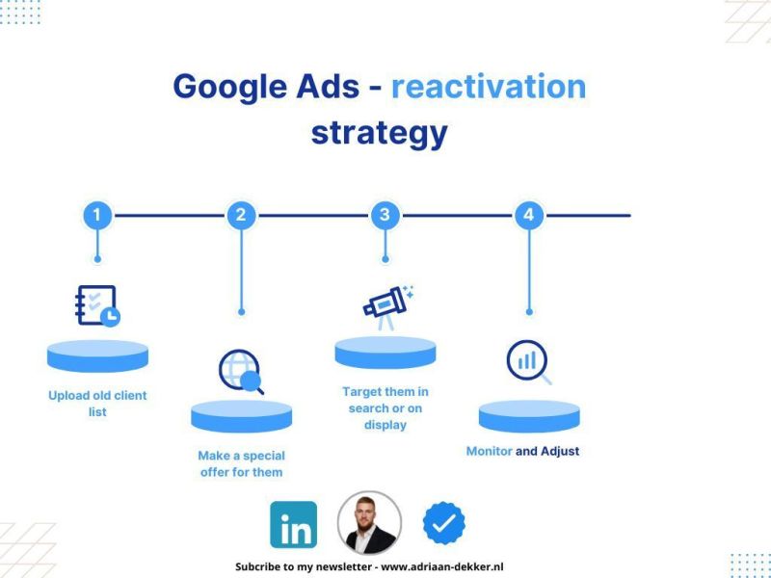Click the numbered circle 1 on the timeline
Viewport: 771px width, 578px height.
click(x=96, y=215)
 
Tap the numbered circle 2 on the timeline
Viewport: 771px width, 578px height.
click(x=241, y=215)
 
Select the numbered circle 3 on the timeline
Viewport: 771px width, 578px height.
click(x=385, y=215)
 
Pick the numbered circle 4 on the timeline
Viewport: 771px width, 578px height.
click(x=528, y=215)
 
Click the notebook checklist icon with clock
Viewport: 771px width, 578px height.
click(x=97, y=305)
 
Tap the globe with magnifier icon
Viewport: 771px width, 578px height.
click(x=241, y=372)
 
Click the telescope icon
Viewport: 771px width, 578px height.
click(x=387, y=305)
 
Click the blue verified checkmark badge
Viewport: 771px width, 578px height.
click(x=444, y=523)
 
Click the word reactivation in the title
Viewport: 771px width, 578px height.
click(x=489, y=87)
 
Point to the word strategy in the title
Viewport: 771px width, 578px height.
click(x=379, y=132)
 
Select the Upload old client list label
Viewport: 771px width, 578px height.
click(x=97, y=404)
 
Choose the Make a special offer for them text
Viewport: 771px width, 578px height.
click(x=241, y=463)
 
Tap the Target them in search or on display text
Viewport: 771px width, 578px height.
click(x=385, y=408)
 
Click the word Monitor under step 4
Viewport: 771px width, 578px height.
click(x=489, y=451)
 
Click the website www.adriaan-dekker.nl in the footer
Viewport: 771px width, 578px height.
click(x=442, y=567)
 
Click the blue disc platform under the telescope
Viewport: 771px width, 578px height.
click(x=385, y=352)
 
